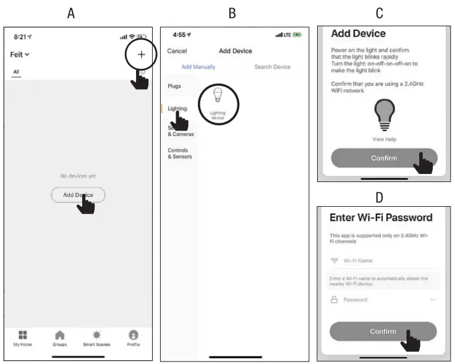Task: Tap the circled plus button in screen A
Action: click(141, 54)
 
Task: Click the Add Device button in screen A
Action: click(78, 195)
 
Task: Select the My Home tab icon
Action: click(22, 337)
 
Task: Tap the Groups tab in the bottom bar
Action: click(59, 337)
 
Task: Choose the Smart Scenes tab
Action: click(97, 337)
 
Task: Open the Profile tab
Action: click(133, 337)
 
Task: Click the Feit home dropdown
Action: click(20, 54)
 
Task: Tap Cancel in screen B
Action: click(177, 51)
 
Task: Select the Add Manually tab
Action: click(199, 67)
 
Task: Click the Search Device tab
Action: click(272, 67)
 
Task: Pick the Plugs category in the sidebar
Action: click(174, 87)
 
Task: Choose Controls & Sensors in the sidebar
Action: click(180, 154)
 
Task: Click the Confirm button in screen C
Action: click(384, 158)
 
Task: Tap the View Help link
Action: click(384, 139)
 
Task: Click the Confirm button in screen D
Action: click(383, 331)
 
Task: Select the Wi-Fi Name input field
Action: click(383, 261)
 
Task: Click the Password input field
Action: click(383, 300)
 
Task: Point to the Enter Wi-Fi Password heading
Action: click(381, 217)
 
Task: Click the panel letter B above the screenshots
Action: click(232, 13)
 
